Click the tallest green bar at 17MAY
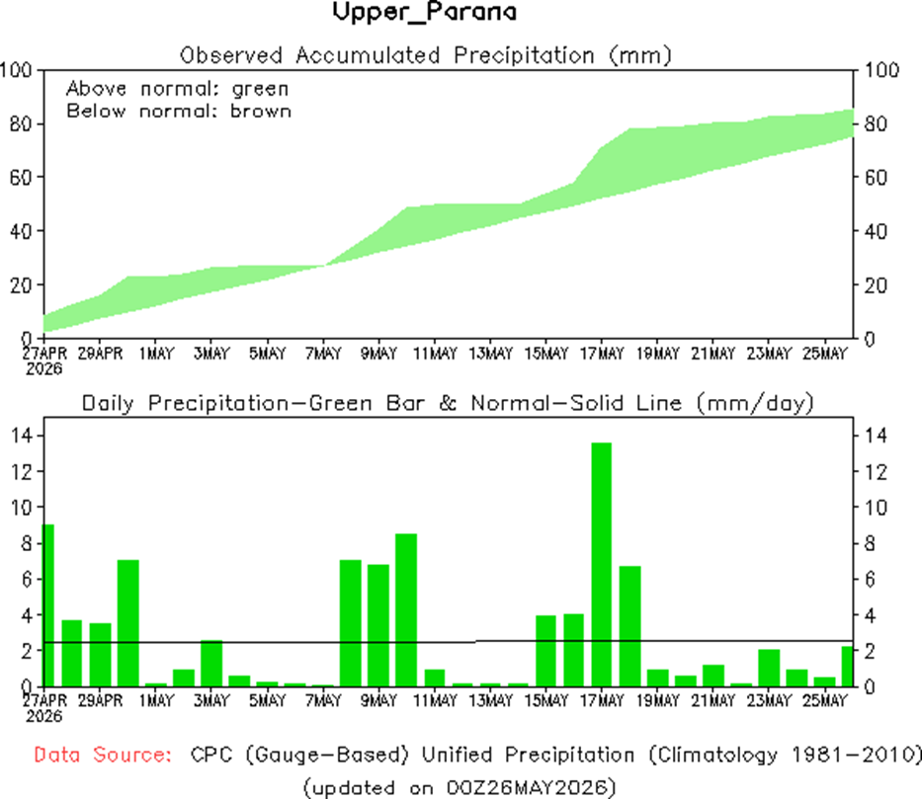click(602, 565)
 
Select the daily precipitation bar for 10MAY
click(406, 609)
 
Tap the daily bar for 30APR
click(128, 623)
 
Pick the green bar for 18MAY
click(629, 626)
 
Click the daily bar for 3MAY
click(211, 664)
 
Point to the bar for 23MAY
click(769, 668)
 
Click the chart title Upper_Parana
click(425, 12)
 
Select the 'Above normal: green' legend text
click(178, 89)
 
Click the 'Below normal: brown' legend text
click(179, 111)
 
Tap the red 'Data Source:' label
click(103, 755)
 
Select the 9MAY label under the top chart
click(378, 354)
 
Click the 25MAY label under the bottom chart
click(825, 701)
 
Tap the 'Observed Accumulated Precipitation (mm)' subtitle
click(426, 56)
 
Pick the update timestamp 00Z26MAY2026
click(527, 787)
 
